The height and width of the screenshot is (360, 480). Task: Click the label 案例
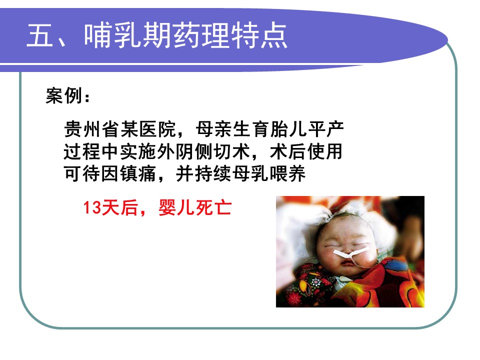tap(64, 96)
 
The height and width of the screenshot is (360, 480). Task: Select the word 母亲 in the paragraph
tap(214, 129)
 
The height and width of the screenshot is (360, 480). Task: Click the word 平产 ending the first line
tap(326, 129)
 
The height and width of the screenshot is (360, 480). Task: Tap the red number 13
tap(92, 207)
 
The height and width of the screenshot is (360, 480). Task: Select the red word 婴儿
tap(176, 207)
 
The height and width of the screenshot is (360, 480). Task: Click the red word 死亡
tap(213, 207)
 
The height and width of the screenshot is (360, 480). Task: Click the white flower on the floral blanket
tap(316, 281)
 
